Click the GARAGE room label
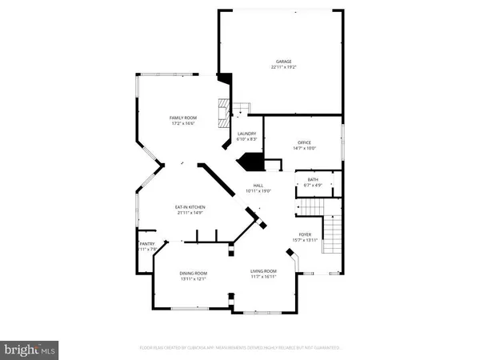283,61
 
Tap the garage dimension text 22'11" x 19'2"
283,67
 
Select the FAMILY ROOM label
182,118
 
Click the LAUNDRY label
246,134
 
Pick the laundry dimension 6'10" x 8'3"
246,140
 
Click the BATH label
313,179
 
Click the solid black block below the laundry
254,162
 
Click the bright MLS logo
30,349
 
